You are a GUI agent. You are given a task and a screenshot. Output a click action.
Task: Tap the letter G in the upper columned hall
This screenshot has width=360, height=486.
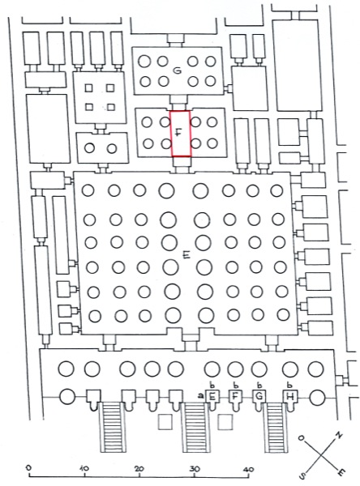(178, 71)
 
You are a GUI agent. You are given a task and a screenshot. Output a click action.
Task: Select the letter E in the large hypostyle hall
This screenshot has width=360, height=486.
(186, 255)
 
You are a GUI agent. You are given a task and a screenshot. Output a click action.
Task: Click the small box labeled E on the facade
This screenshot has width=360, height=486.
(212, 396)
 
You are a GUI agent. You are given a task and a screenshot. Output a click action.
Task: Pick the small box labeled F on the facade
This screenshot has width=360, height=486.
(235, 396)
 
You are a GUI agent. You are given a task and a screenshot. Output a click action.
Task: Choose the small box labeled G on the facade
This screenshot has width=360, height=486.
(259, 396)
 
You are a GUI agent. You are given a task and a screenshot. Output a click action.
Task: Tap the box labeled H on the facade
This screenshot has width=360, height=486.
(290, 396)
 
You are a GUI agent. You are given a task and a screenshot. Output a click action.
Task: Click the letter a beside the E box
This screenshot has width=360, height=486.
(201, 395)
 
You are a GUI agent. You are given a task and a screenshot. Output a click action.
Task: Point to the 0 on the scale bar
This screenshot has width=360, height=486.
(29, 467)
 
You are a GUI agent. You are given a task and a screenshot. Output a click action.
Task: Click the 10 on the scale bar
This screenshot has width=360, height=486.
(84, 467)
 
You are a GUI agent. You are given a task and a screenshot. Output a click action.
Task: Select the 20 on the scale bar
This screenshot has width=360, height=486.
(139, 468)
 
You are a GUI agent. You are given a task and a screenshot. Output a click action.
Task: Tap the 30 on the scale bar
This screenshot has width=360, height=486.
(195, 469)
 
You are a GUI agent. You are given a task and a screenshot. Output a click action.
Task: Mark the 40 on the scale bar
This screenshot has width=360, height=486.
(249, 469)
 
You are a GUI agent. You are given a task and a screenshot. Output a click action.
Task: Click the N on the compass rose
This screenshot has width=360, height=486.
(339, 436)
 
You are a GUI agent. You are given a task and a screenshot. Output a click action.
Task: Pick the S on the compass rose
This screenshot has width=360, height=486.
(302, 475)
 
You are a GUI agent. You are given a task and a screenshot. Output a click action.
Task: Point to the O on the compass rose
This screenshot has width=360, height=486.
(301, 438)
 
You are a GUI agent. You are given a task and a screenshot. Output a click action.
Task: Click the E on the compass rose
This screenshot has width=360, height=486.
(341, 472)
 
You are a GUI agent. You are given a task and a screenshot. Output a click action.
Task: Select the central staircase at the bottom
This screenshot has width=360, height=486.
(195, 427)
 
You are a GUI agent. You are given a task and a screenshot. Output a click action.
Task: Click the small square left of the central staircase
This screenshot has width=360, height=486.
(165, 422)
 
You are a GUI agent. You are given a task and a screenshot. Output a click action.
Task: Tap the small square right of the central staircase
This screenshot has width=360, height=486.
(225, 422)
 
